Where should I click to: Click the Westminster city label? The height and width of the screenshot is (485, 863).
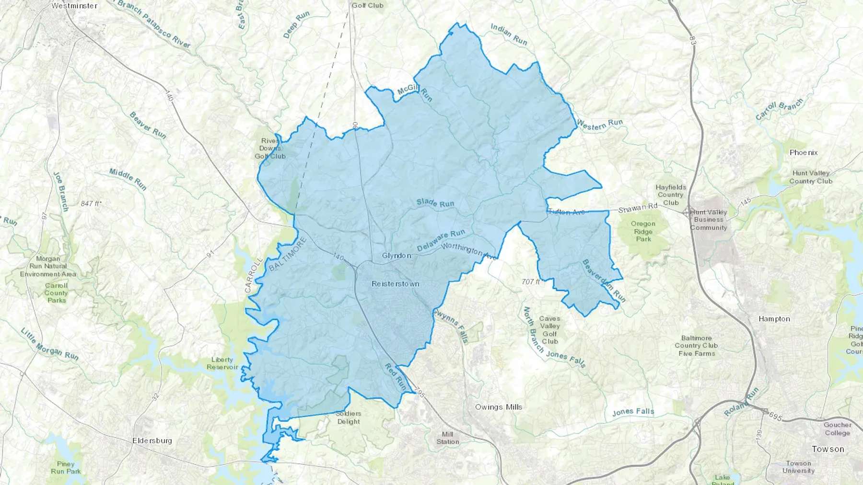[74, 6]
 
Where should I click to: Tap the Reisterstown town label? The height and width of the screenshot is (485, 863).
[396, 284]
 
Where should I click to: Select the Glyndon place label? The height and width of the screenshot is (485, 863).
[397, 256]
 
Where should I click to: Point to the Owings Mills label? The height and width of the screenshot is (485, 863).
[499, 407]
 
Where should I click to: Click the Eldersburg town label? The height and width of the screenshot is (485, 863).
[152, 440]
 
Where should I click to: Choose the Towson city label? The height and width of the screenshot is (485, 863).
[828, 449]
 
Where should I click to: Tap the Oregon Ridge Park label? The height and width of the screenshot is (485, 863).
[643, 231]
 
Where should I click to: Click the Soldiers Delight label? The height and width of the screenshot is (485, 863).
[349, 417]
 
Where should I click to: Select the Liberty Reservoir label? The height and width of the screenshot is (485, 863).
[222, 363]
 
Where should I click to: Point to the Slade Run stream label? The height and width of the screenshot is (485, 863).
[435, 203]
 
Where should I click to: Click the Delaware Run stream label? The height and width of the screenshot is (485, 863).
[441, 240]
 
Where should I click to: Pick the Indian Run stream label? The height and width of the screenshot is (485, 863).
[509, 34]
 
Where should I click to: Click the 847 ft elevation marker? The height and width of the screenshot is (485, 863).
[91, 203]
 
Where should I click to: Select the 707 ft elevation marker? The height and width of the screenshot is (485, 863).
[531, 282]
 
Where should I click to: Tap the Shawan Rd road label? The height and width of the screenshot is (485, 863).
[638, 208]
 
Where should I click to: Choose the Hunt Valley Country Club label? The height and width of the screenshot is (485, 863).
[811, 177]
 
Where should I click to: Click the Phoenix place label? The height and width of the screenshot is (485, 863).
[804, 153]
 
